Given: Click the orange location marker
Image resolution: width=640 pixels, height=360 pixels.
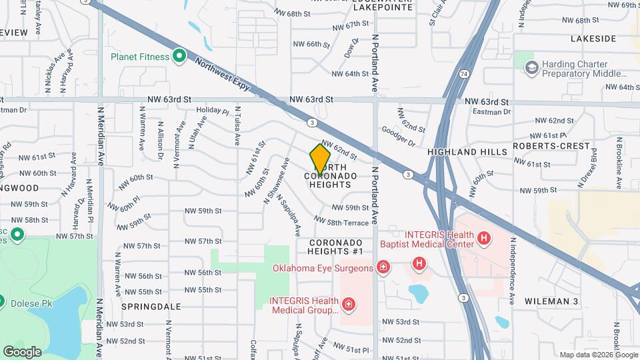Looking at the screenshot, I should (x=321, y=159).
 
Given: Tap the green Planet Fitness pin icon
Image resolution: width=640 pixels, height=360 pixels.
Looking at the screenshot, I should (x=179, y=57).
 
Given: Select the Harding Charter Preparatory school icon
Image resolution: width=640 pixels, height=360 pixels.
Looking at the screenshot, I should (x=531, y=67).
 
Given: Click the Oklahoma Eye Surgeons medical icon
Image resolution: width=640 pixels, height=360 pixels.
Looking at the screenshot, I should (x=383, y=268).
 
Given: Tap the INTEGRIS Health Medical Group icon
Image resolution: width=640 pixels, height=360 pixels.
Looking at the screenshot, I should (x=347, y=305).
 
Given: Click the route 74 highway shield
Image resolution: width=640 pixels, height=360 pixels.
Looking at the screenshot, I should (x=463, y=72).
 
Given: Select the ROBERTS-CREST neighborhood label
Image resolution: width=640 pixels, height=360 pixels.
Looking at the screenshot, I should (x=551, y=146).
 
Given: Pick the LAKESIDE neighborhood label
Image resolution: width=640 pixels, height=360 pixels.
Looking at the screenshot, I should (x=593, y=39).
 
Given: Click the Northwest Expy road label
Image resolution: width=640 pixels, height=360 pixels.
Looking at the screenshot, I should (x=223, y=76).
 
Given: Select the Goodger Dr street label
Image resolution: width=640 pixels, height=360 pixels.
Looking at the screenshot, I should (x=399, y=136).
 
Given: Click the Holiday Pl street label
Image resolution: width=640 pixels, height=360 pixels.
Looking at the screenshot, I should (x=213, y=111).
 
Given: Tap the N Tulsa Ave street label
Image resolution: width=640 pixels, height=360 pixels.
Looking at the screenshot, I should (x=237, y=127).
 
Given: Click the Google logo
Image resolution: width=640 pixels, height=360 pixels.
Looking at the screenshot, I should (x=22, y=351).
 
